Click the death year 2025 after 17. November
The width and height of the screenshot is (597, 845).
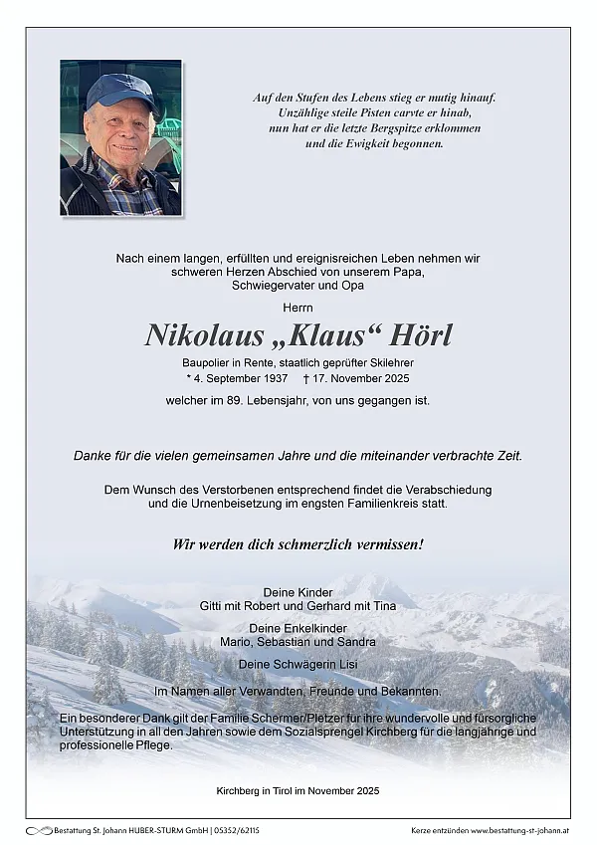tap(392, 378)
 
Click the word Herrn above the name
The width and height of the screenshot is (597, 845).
tap(298, 306)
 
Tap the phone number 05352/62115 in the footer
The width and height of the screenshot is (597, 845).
tap(232, 830)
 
